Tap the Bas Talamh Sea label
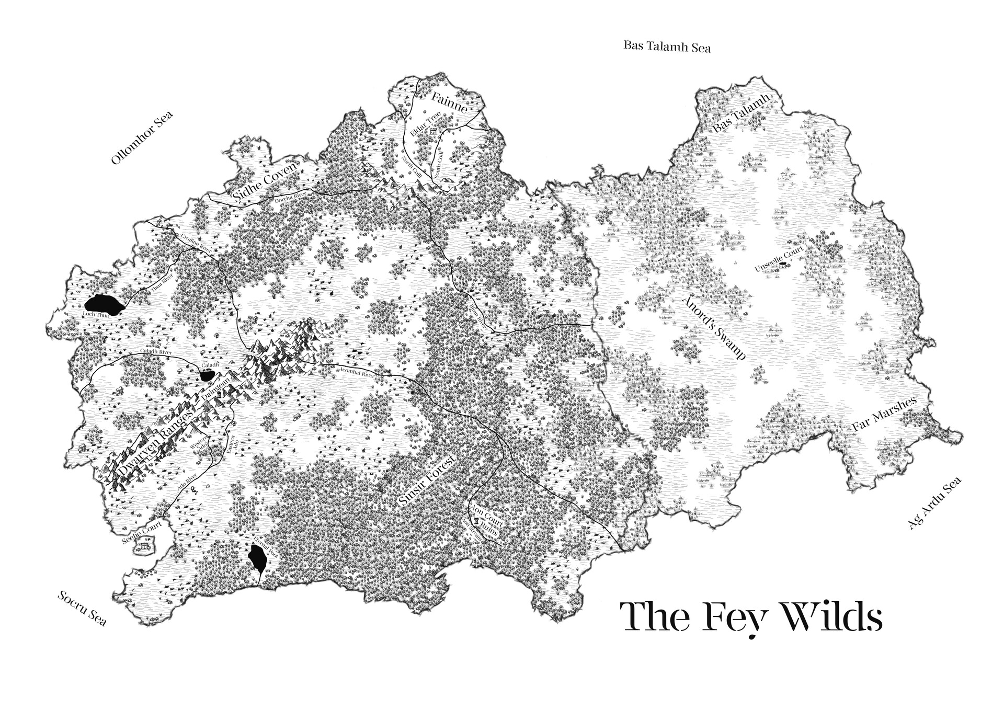coord(667,47)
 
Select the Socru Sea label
coord(83,608)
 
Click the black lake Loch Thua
coord(104,304)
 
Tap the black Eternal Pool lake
coord(257,558)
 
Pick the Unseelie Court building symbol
coord(783,266)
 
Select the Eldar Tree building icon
coord(433,133)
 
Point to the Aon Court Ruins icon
coord(476,521)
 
